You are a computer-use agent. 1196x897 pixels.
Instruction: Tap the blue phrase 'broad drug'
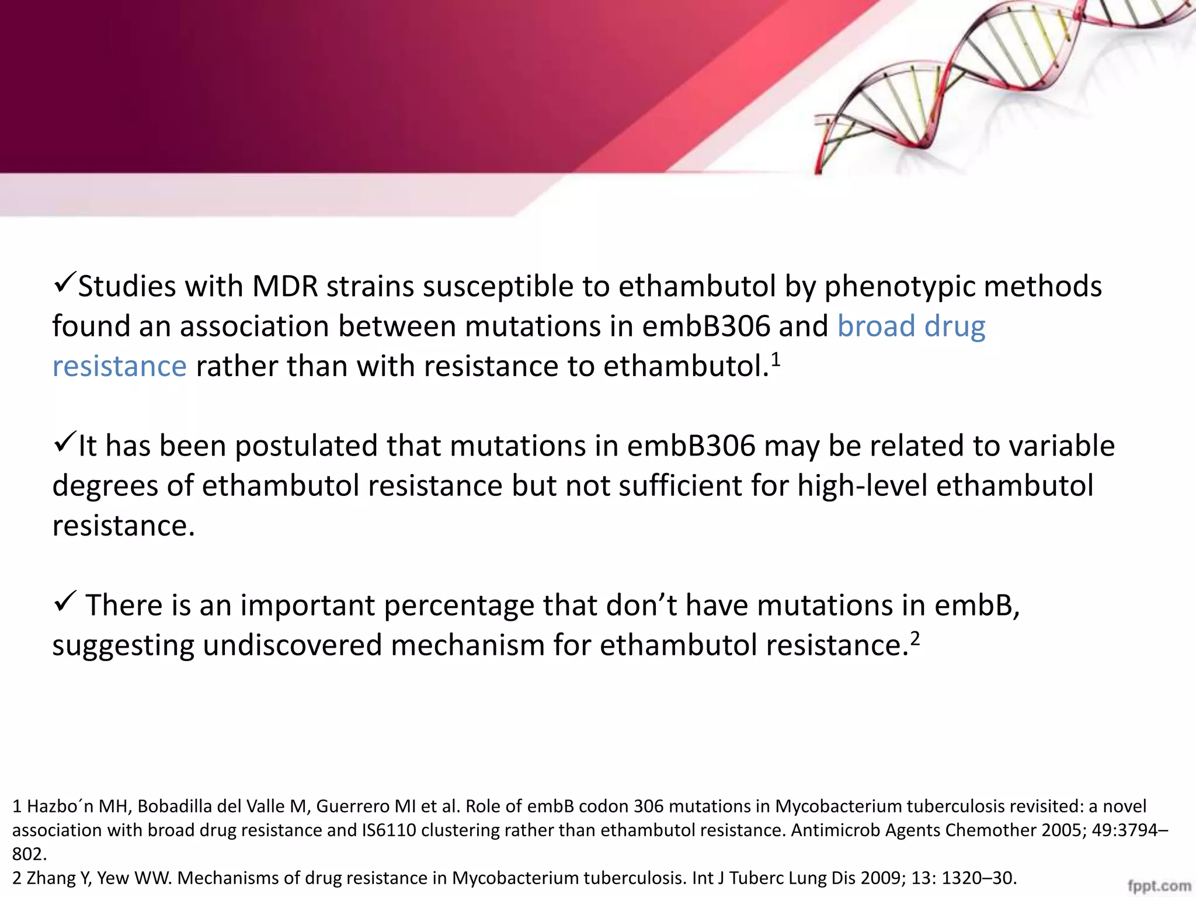click(x=911, y=326)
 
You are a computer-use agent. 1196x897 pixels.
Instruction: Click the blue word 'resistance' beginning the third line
click(x=119, y=367)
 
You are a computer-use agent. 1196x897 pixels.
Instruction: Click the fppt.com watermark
click(x=1159, y=886)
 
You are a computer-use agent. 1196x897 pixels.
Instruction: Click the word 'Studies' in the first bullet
click(x=127, y=287)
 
